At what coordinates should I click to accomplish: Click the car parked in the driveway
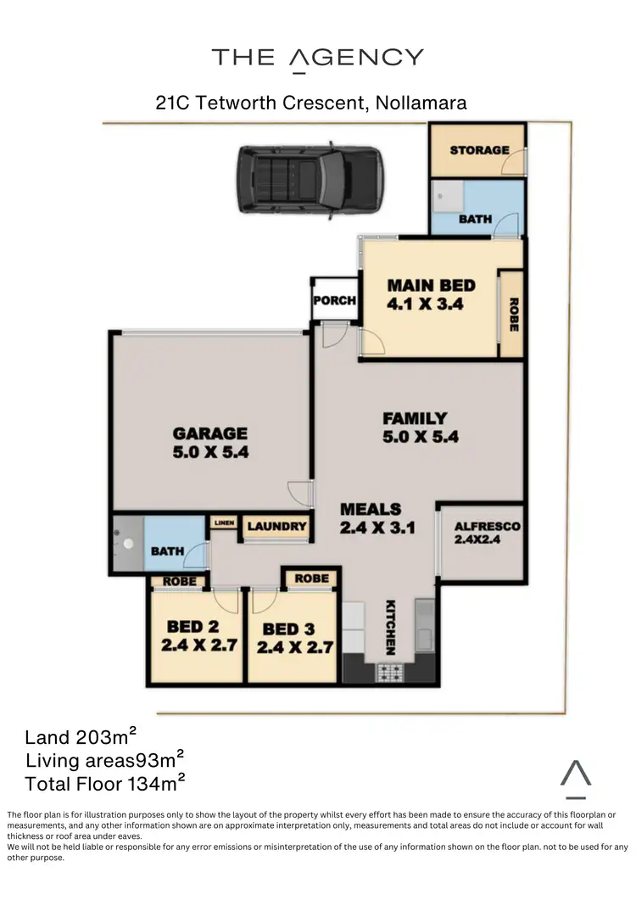[x=308, y=179]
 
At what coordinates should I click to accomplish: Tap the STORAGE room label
[x=479, y=150]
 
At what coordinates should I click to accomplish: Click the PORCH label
[x=334, y=300]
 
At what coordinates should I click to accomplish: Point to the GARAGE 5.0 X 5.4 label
[x=210, y=442]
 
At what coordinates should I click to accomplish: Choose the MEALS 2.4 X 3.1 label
[x=371, y=517]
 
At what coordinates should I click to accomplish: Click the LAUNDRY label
[x=276, y=527]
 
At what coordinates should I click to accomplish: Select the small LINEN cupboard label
[x=224, y=523]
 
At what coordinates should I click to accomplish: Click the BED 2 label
[x=196, y=635]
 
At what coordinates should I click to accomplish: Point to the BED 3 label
[x=289, y=637]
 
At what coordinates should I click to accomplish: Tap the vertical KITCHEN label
[x=391, y=627]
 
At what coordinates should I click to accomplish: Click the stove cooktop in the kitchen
[x=391, y=673]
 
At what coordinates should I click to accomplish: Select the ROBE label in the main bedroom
[x=512, y=314]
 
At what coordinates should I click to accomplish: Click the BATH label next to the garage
[x=167, y=551]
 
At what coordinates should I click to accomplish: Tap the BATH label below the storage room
[x=475, y=219]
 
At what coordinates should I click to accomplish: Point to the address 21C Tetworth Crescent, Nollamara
[x=311, y=103]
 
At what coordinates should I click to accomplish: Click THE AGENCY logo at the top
[x=317, y=58]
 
